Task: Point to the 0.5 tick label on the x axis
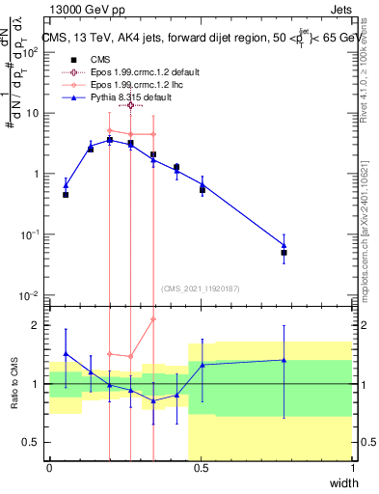[x=201, y=467]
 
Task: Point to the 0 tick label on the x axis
[x=49, y=467]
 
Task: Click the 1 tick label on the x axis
[x=352, y=467]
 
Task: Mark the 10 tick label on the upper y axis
[x=33, y=113]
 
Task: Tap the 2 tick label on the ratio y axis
[x=38, y=325]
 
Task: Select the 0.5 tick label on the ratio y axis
[x=33, y=442]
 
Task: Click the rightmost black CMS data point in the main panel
[x=284, y=253]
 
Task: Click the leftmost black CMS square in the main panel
[x=66, y=195]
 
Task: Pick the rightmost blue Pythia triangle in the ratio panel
[x=284, y=360]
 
